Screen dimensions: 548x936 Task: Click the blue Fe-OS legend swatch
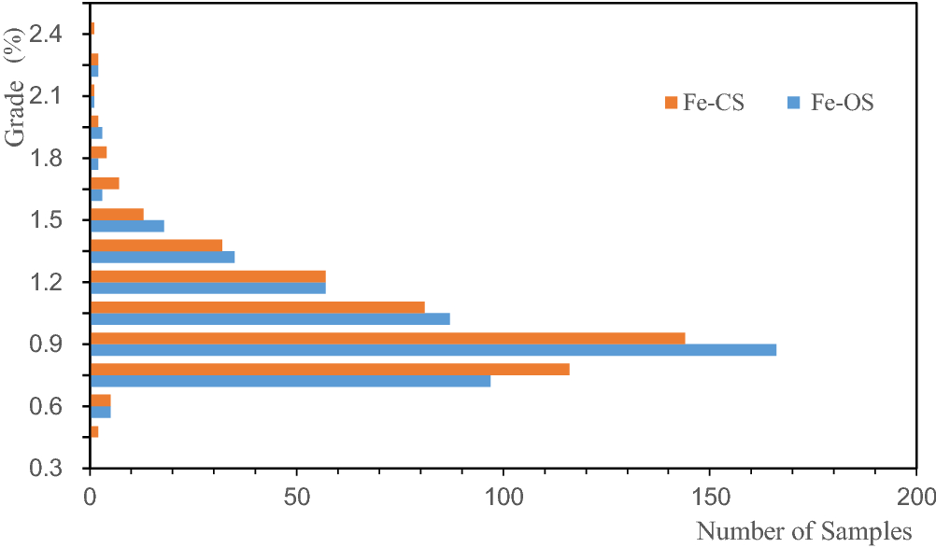pyautogui.click(x=795, y=103)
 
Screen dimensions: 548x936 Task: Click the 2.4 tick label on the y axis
pyautogui.click(x=47, y=35)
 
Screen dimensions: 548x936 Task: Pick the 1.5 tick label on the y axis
pyautogui.click(x=47, y=220)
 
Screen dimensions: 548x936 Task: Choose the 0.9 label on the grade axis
pyautogui.click(x=47, y=344)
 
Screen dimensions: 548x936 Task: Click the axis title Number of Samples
pyautogui.click(x=803, y=531)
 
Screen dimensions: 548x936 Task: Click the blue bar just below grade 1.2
pyautogui.click(x=270, y=318)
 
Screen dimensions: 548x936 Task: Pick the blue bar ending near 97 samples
pyautogui.click(x=290, y=381)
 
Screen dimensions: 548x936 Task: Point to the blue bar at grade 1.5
pyautogui.click(x=127, y=226)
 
